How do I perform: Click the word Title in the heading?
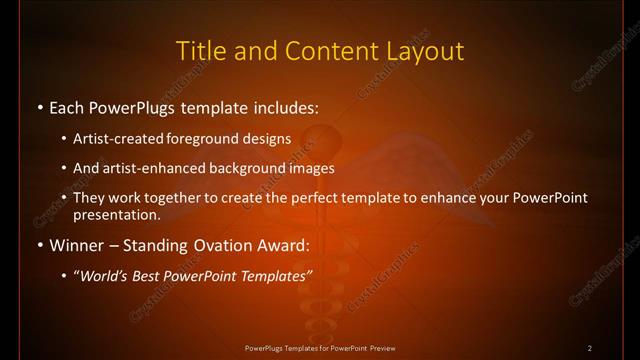pos(200,50)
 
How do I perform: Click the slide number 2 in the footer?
pos(590,348)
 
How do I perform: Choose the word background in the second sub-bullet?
pos(263,168)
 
